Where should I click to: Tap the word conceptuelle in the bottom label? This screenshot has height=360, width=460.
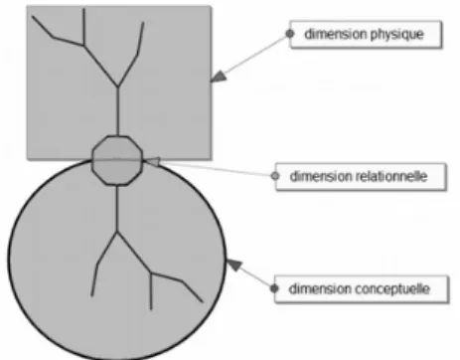392,289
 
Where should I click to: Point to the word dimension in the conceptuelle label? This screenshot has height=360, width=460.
320,288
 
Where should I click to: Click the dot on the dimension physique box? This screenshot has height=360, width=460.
290,34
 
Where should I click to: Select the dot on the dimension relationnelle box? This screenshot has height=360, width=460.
275,176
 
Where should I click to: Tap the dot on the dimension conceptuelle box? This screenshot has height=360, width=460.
274,288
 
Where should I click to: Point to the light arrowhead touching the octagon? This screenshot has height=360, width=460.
152,161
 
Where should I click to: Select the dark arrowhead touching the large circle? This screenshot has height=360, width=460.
233,266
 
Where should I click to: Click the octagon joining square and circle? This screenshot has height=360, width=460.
117,160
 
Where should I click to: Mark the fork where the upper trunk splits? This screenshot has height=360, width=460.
118,88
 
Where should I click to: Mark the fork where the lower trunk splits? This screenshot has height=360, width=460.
117,232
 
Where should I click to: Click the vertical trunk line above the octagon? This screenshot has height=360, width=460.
118,111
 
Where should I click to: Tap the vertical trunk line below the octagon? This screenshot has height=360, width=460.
117,208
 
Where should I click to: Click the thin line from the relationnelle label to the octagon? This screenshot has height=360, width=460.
216,169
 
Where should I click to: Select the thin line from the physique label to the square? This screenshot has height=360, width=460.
256,54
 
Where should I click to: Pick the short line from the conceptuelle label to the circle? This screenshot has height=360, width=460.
256,277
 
